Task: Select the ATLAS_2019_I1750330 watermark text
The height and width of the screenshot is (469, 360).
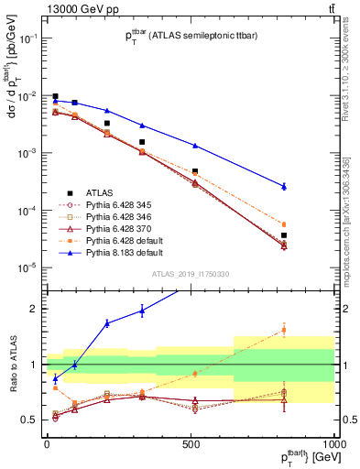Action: pos(190,274)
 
